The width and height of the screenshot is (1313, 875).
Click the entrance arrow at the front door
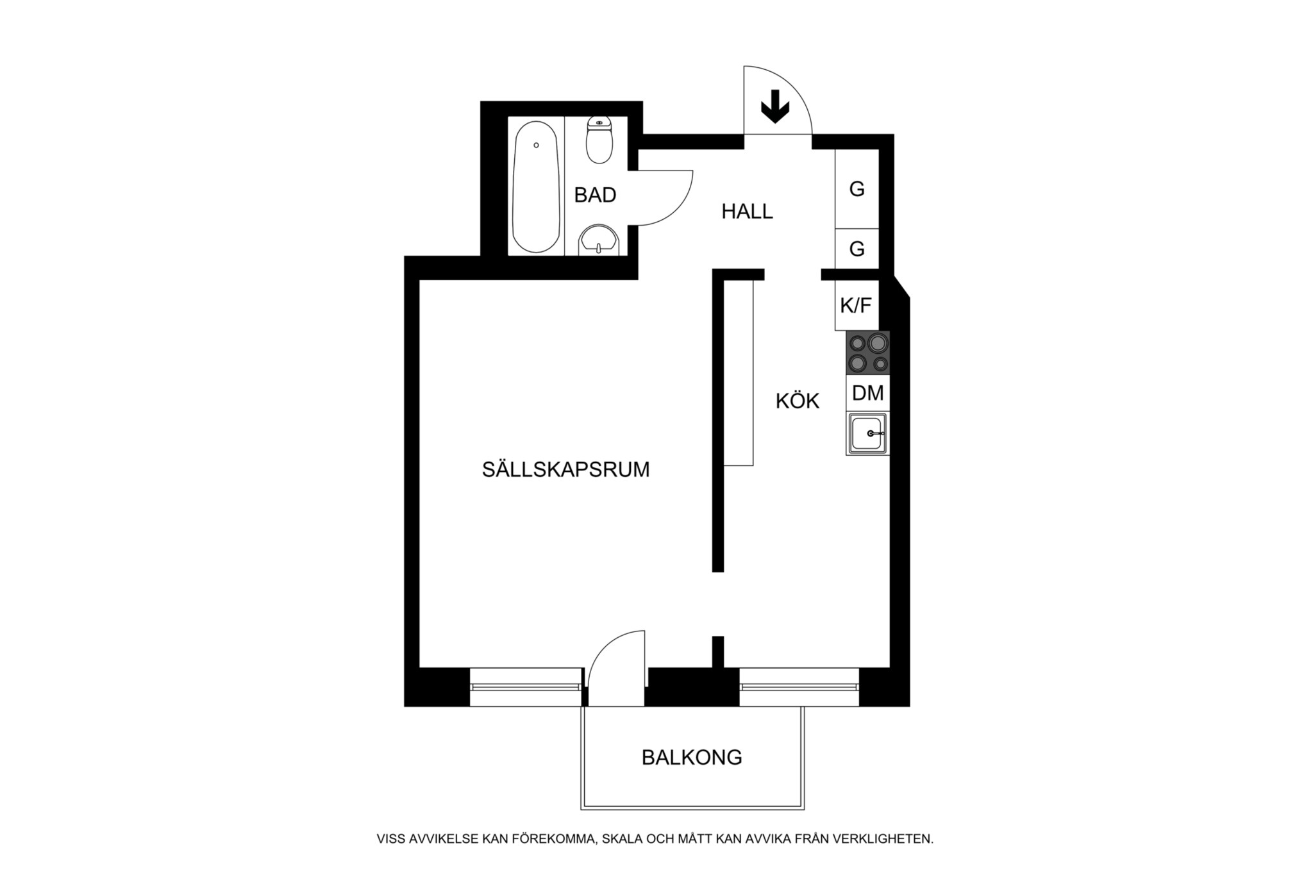click(774, 106)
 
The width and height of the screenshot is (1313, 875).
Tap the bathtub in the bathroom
click(535, 187)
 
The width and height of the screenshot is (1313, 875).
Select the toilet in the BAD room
click(599, 140)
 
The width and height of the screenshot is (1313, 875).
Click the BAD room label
click(595, 195)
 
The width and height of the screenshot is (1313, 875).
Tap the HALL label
click(747, 211)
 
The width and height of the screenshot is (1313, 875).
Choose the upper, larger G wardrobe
click(857, 189)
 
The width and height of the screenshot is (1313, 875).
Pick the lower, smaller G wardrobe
click(857, 249)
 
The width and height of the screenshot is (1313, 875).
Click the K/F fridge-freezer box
click(857, 305)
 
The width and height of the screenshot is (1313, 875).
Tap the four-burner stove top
click(868, 353)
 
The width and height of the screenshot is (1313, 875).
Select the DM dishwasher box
click(868, 393)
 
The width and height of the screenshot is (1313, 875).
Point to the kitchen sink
click(868, 433)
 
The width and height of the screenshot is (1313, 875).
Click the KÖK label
click(798, 401)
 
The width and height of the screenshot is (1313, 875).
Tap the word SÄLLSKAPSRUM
click(565, 469)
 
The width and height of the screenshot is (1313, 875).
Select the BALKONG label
click(692, 758)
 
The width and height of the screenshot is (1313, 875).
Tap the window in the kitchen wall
click(799, 687)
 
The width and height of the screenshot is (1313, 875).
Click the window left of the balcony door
click(526, 687)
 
